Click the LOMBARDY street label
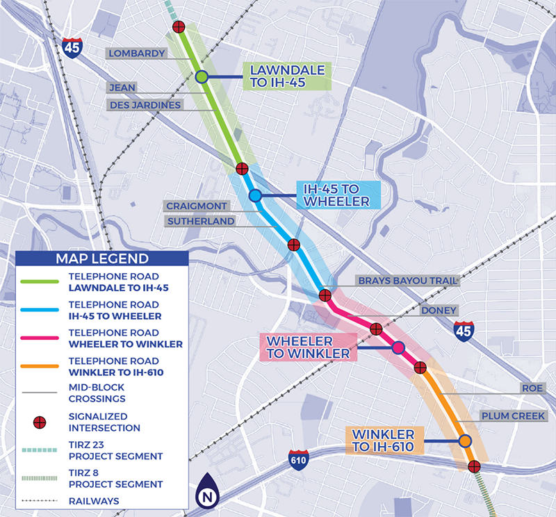pos(136,54)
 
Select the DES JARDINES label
pos(144,105)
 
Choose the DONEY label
pos(439,311)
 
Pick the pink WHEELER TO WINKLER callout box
pos(308,347)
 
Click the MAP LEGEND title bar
pos(102,258)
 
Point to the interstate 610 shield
pos(298,460)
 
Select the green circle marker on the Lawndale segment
pos(201,77)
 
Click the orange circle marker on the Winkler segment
pos(464,441)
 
